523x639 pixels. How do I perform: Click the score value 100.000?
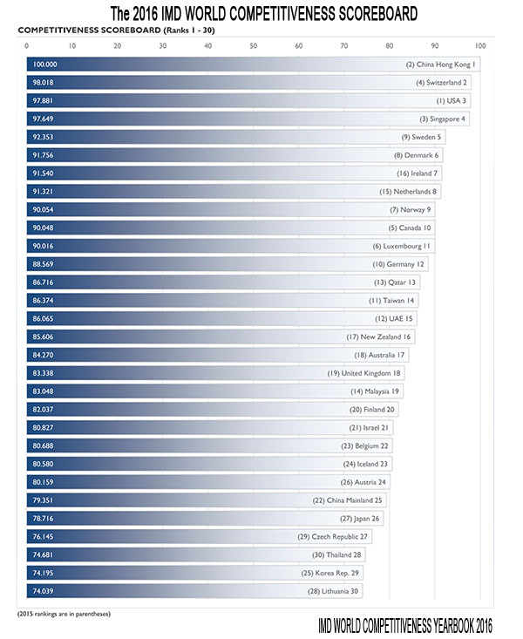[44, 65]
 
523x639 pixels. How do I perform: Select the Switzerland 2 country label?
[442, 83]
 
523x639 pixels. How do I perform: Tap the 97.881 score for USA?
[44, 100]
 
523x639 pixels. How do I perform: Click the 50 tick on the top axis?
[254, 46]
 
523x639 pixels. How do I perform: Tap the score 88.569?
[44, 264]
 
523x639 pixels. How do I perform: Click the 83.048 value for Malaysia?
[44, 391]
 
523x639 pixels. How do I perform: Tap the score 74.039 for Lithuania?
[44, 591]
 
